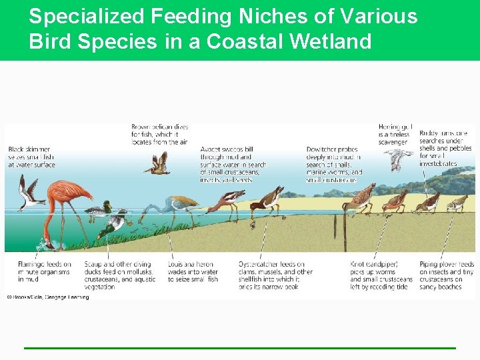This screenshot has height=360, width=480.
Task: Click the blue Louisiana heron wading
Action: click(x=177, y=203)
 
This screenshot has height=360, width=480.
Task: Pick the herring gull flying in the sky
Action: click(x=399, y=158)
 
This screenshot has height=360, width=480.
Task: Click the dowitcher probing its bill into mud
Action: click(x=363, y=197)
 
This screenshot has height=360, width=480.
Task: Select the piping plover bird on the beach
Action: click(x=457, y=201)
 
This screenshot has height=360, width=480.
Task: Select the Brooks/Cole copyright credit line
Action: click(x=48, y=297)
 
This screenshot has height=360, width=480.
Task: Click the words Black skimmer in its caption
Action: click(x=29, y=149)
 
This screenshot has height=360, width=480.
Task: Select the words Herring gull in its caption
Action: click(x=395, y=127)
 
